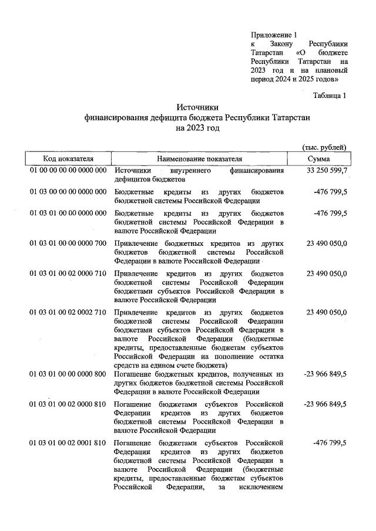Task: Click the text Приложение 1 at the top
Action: (x=274, y=35)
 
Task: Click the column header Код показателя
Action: (x=68, y=159)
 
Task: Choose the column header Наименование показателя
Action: (x=199, y=159)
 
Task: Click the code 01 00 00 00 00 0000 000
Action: (x=68, y=171)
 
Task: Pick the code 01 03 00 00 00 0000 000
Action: (x=68, y=192)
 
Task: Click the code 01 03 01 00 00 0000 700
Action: (x=68, y=243)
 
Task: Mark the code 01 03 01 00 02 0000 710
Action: (x=68, y=273)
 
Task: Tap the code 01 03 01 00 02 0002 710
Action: (x=68, y=313)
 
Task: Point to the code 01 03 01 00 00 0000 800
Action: (x=68, y=374)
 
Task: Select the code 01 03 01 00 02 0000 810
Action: (x=68, y=404)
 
